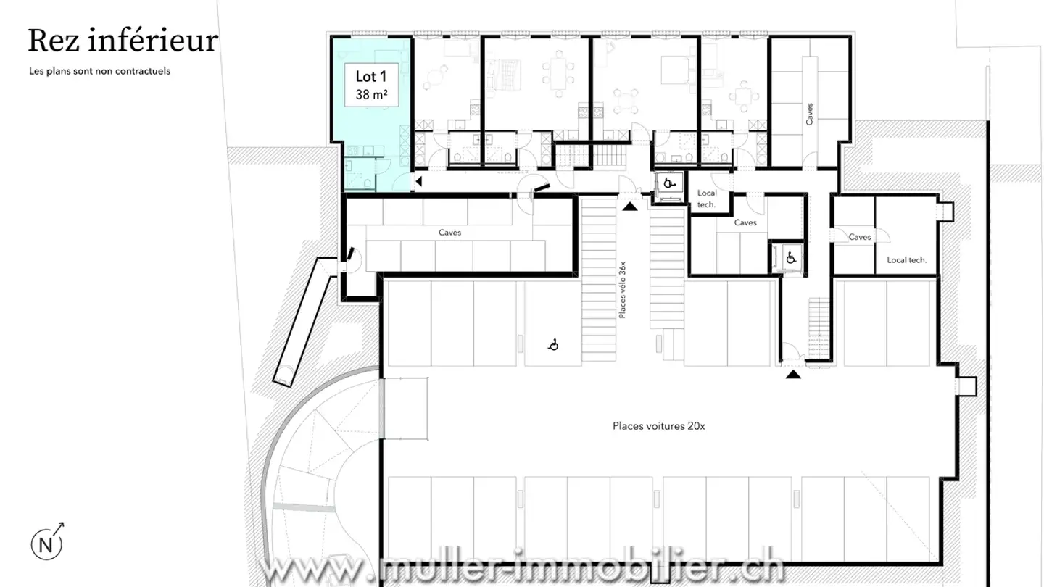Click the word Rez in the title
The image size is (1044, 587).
54,41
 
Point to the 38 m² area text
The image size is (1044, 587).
370,94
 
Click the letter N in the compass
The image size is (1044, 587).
46,545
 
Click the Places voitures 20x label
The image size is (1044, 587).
658,426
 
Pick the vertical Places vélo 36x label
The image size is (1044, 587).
622,290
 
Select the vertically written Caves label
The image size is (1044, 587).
809,114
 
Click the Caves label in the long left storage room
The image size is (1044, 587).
449,233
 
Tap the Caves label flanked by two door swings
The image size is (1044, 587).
859,237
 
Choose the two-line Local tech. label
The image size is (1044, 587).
706,199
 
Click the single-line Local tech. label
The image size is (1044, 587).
906,259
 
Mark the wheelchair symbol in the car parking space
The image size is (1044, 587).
553,346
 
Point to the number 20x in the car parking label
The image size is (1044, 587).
695,426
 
